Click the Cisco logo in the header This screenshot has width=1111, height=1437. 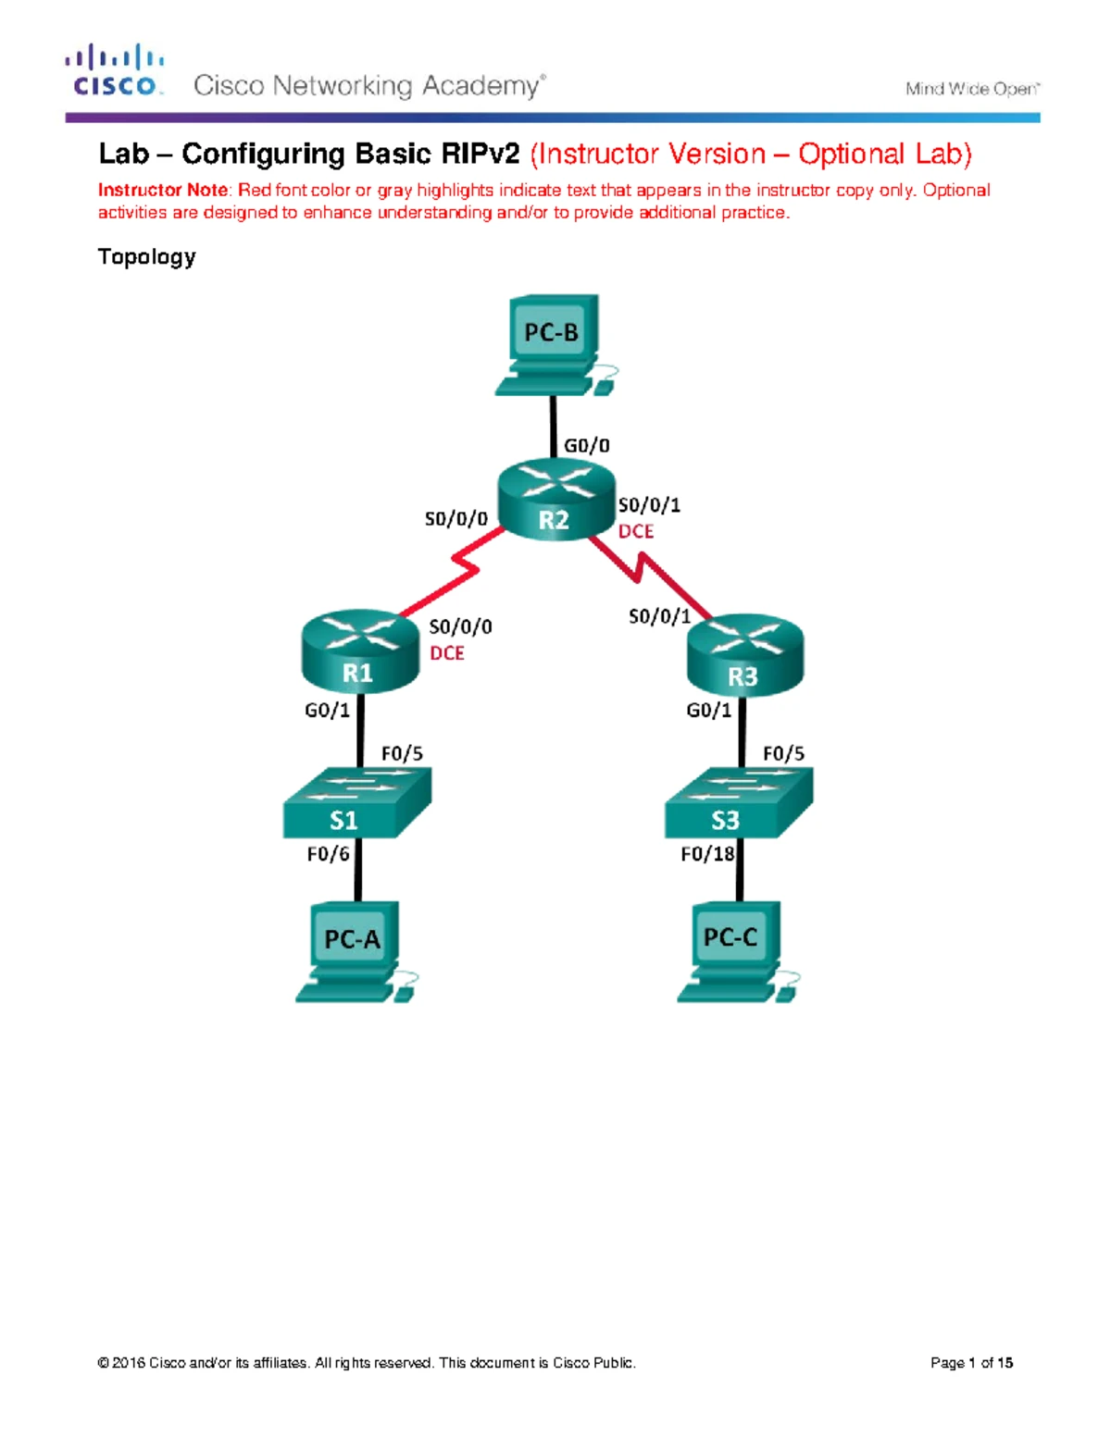[x=115, y=71]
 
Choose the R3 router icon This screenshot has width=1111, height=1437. [x=745, y=654]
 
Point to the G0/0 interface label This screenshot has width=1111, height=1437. [x=587, y=445]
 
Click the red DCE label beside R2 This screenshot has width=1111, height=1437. [x=636, y=531]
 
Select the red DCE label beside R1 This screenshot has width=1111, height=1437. [x=447, y=653]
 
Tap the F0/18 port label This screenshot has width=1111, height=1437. [x=707, y=854]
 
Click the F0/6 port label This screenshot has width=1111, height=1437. [x=328, y=854]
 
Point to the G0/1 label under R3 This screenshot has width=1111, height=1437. [x=708, y=711]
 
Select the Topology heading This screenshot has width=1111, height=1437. [x=146, y=257]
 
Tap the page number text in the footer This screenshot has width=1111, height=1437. [x=971, y=1363]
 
